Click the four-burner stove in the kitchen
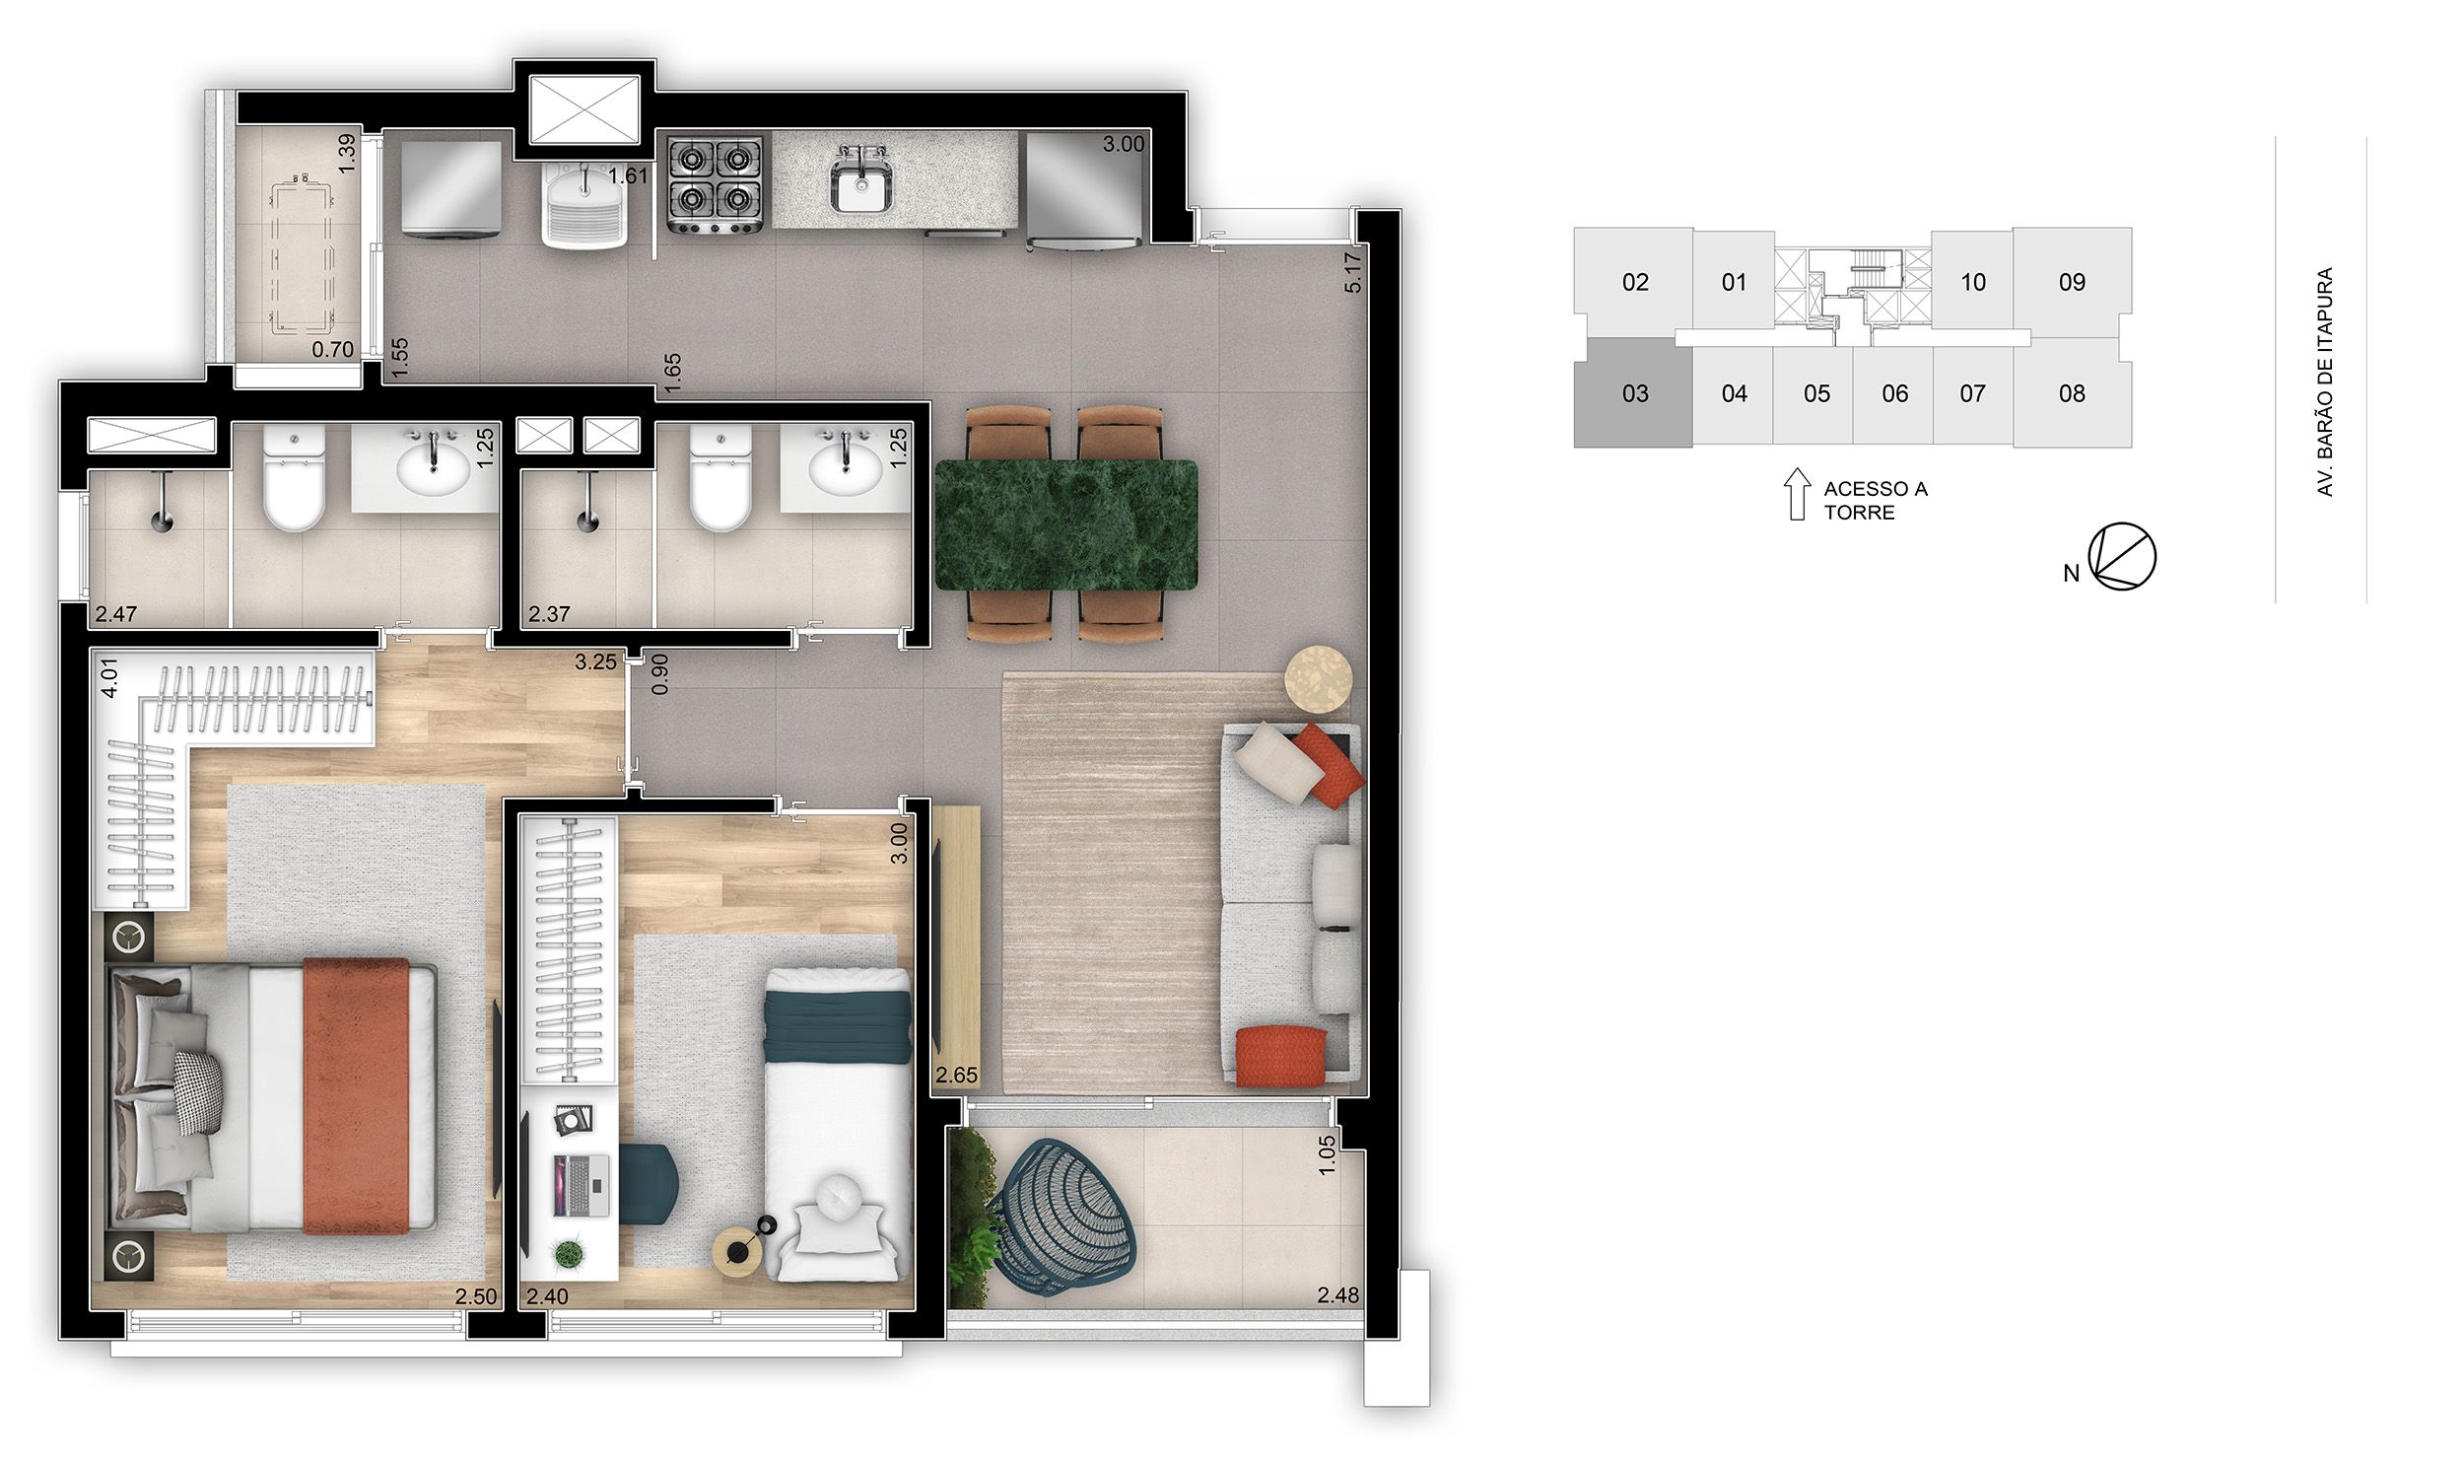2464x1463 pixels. click(x=716, y=184)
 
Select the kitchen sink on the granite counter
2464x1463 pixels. click(x=860, y=182)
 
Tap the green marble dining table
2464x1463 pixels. click(x=1065, y=525)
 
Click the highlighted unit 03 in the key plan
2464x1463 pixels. click(x=1633, y=393)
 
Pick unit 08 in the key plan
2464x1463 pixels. click(x=2072, y=393)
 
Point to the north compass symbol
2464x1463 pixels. click(x=2122, y=557)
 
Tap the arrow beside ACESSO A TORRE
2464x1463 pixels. click(x=1798, y=494)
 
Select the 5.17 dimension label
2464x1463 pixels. click(x=1353, y=272)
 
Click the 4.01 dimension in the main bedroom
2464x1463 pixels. click(x=109, y=677)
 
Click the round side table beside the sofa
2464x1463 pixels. click(x=1318, y=677)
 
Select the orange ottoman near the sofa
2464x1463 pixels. click(x=1280, y=1056)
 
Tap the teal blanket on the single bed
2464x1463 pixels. click(x=838, y=1026)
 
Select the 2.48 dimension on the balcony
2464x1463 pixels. click(x=1337, y=1294)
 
